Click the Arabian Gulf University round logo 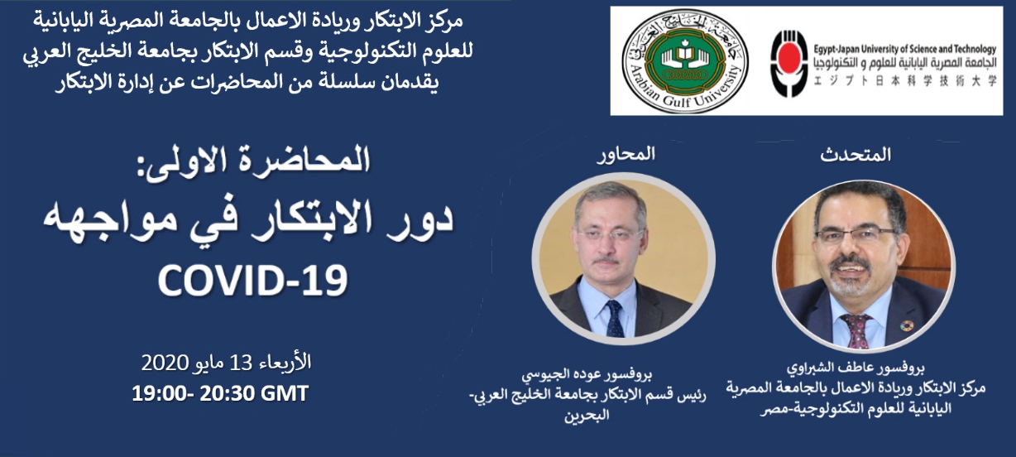click(x=685, y=60)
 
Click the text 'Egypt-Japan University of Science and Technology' click(x=905, y=49)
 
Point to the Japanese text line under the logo click(x=905, y=81)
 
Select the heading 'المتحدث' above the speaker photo click(x=855, y=156)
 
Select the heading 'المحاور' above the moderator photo click(x=626, y=154)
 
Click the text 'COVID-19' click(x=252, y=281)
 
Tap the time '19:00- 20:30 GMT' click(x=220, y=393)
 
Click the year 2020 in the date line click(x=165, y=363)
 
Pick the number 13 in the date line click(x=241, y=363)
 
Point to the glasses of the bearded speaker click(x=855, y=234)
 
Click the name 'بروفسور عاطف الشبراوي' click(x=855, y=367)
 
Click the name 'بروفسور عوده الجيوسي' click(x=587, y=375)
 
